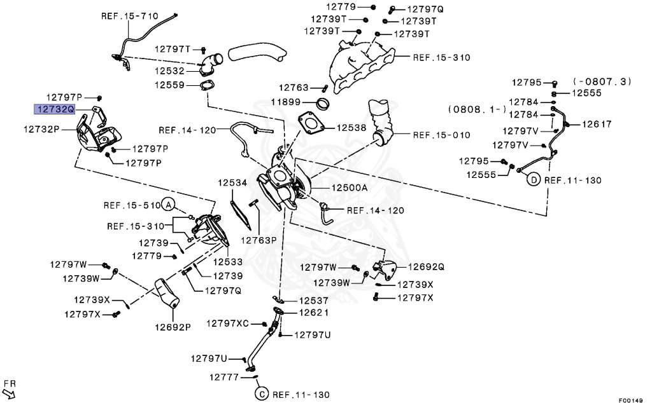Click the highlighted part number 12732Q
click(x=55, y=109)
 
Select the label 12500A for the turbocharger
click(x=349, y=188)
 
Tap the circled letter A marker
click(x=167, y=205)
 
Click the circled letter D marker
click(x=534, y=180)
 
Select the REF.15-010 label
click(x=441, y=135)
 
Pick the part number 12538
click(x=351, y=128)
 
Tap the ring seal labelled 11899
click(x=324, y=103)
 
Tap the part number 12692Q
click(x=426, y=266)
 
